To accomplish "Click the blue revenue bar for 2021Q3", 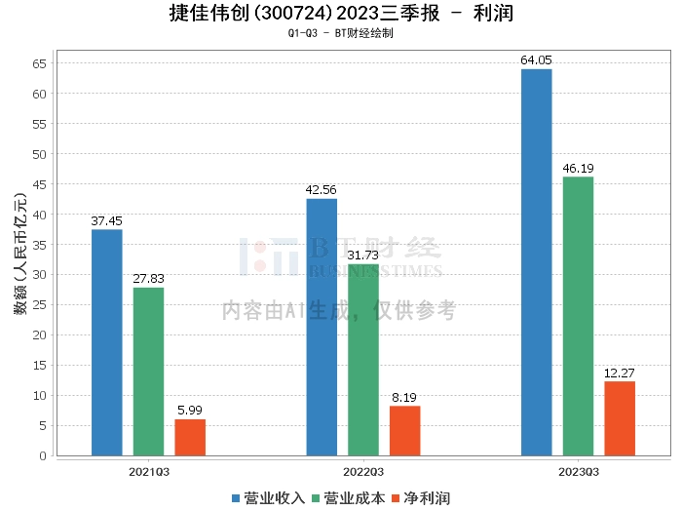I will [x=106, y=342].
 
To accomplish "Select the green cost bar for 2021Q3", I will [x=148, y=372].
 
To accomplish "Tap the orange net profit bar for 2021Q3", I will [x=190, y=437].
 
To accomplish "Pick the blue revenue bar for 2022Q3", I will [x=322, y=327].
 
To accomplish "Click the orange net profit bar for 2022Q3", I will [x=405, y=430].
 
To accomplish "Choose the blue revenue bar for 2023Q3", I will [x=536, y=262].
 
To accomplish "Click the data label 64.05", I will [x=536, y=60].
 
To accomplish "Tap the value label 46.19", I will [x=578, y=169].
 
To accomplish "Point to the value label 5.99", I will [x=190, y=411].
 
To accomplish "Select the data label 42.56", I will [x=322, y=190].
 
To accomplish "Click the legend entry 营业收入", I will [x=268, y=497].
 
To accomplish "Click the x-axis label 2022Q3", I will [x=363, y=471].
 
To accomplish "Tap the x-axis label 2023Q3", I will [x=578, y=471].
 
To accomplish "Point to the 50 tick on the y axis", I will [x=40, y=154].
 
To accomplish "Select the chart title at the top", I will [x=340, y=14].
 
